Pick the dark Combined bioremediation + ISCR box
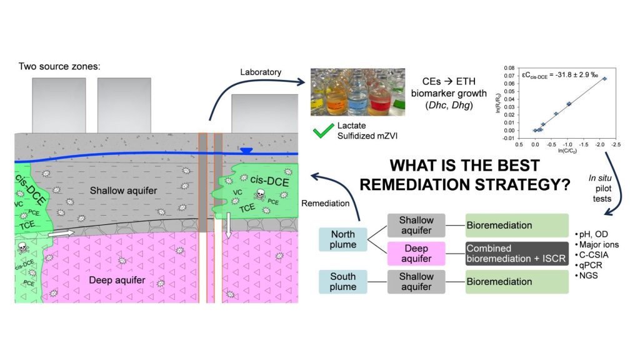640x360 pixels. (x=516, y=253)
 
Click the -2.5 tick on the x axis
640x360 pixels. (x=615, y=143)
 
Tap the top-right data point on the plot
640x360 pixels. (x=604, y=79)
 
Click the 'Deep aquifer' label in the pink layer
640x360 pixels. (x=118, y=280)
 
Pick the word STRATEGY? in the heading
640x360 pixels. (x=525, y=185)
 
